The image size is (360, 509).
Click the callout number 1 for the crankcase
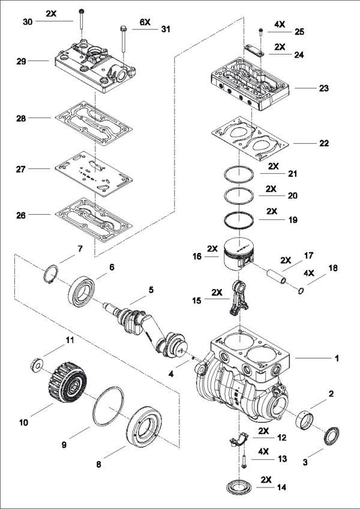pos(337,358)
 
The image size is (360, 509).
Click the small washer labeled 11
pos(37,364)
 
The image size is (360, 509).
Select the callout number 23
pos(323,88)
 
